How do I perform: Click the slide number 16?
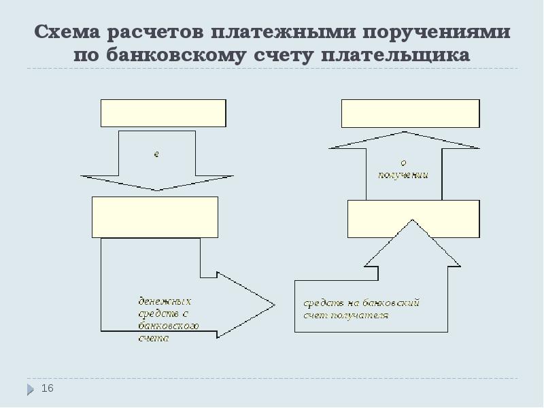[47, 388]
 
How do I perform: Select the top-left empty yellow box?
[163, 113]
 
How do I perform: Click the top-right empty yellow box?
[410, 113]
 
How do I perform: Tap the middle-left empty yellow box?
[155, 217]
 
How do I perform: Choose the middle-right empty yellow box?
[413, 218]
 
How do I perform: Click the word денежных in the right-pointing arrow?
[165, 301]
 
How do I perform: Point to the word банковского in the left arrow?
[168, 326]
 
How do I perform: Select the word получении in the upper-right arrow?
[403, 175]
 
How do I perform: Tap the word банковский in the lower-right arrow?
[397, 303]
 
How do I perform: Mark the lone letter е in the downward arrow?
[156, 154]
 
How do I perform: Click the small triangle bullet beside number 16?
[31, 390]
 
